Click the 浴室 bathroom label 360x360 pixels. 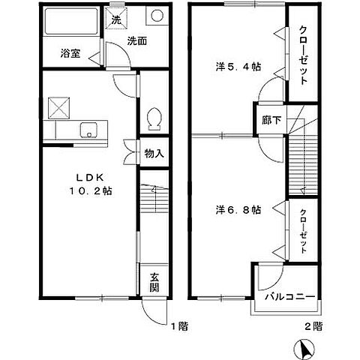point(71,54)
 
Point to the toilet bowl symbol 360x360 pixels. point(154,118)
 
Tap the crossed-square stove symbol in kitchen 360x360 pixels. point(58,108)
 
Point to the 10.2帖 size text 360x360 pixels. point(91,191)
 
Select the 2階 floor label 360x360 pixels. point(313,327)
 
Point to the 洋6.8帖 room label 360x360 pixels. point(240,210)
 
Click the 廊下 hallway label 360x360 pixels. point(268,119)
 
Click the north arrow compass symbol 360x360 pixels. point(306,349)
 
